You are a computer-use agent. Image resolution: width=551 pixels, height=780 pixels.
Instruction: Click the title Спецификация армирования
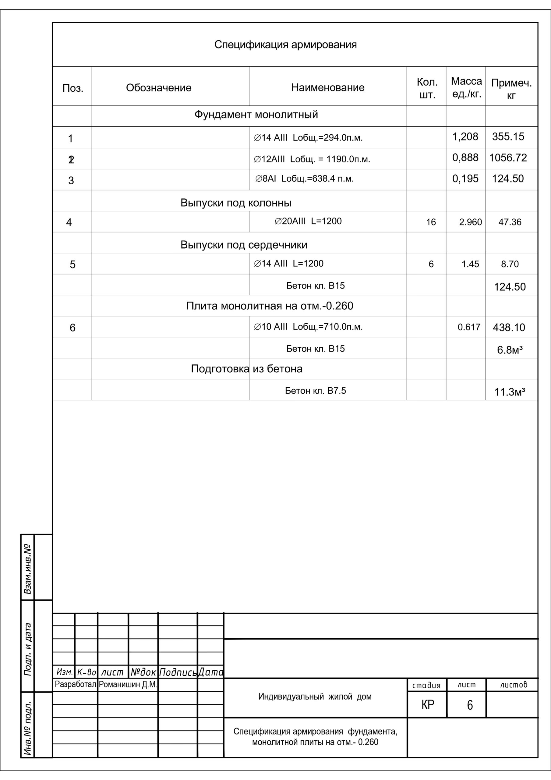285,44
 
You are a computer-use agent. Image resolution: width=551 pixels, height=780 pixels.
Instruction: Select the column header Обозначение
159,88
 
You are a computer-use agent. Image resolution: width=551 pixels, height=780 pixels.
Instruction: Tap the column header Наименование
327,87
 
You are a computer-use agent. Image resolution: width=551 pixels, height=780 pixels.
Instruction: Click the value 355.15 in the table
508,136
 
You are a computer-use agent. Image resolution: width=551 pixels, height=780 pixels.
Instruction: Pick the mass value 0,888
465,158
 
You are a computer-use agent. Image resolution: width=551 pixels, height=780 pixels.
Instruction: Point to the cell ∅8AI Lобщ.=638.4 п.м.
304,179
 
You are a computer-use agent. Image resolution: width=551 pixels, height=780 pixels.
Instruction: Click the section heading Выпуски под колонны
236,203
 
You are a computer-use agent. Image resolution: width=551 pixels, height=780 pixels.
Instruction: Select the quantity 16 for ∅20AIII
431,222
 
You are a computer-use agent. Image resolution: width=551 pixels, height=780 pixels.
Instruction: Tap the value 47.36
510,222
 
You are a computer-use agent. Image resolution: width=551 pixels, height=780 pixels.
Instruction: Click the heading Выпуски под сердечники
244,245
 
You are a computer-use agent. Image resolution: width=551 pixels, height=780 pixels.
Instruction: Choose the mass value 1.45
470,264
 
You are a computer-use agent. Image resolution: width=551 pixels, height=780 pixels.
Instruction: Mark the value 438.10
509,328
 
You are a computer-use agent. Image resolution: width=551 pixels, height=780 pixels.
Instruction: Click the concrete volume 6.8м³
510,350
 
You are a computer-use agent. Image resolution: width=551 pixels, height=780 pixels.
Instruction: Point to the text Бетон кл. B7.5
315,391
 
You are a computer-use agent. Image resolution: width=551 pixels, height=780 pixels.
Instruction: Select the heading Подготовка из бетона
246,369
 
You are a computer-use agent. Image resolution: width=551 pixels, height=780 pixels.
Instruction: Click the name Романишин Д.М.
128,685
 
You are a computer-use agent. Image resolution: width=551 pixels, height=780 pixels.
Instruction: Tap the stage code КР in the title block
427,705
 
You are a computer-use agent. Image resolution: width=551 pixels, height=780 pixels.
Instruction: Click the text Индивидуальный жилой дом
315,697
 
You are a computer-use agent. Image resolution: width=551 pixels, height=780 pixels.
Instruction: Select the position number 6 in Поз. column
72,328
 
